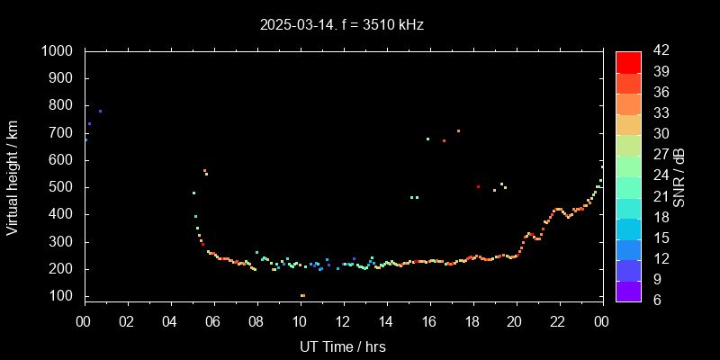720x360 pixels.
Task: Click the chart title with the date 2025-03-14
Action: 341,24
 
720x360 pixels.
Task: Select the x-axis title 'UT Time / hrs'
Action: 342,346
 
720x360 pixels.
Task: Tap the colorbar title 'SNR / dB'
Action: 679,175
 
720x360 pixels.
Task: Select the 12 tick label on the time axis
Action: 343,321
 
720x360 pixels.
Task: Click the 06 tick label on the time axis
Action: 213,321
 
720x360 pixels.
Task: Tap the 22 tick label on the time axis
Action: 559,321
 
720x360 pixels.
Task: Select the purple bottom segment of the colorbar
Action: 628,290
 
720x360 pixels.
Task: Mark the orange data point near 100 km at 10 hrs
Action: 302,295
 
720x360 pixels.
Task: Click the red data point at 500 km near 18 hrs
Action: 479,187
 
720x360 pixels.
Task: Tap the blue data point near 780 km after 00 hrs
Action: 100,112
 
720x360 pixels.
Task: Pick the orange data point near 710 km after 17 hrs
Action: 458,130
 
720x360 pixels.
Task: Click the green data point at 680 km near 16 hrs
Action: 427,139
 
